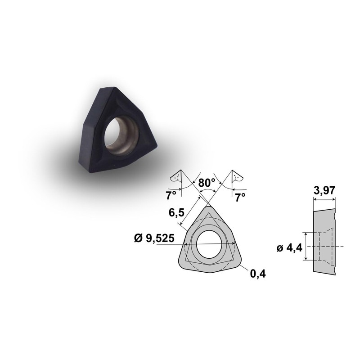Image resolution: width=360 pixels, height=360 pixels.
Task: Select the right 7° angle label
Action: (240, 197)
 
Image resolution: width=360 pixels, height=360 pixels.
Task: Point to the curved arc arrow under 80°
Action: (207, 191)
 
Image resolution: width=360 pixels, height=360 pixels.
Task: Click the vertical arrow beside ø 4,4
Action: (306, 246)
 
